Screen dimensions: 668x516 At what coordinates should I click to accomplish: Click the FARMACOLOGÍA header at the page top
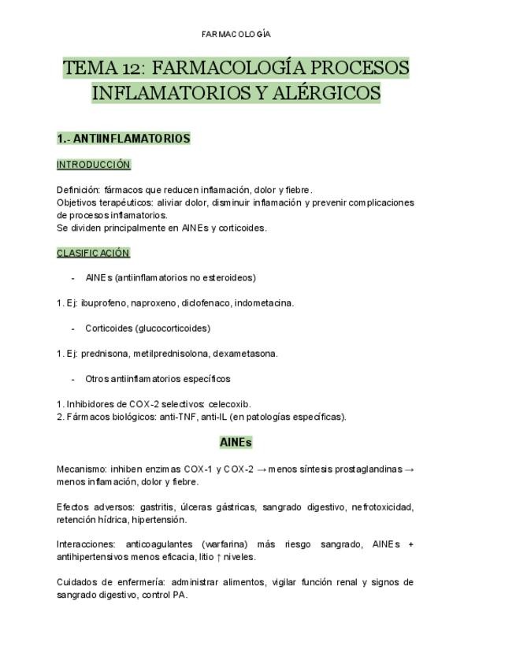tap(236, 34)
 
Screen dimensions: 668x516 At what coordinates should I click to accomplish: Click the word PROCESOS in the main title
tap(359, 67)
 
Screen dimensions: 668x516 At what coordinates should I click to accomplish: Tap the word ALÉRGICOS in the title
tap(326, 93)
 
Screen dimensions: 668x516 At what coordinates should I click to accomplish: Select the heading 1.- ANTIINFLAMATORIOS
tap(124, 139)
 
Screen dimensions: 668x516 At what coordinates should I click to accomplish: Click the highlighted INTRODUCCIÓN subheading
tap(93, 165)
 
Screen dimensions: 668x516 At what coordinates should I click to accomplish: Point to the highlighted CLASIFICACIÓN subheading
tap(93, 253)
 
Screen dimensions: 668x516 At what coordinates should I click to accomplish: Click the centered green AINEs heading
tap(236, 443)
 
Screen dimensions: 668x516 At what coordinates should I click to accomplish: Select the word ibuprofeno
tap(104, 302)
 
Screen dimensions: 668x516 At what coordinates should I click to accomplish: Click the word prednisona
tap(106, 353)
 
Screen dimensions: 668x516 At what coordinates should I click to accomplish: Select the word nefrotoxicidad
tap(381, 507)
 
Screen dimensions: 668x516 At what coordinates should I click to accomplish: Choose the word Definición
tap(78, 189)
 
